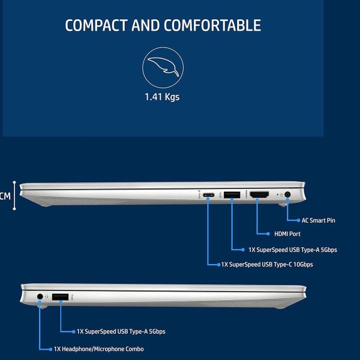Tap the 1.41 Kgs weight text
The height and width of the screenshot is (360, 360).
pos(162,97)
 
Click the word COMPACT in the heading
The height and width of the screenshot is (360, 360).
pos(96,25)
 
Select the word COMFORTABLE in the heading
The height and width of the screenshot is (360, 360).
pos(212,25)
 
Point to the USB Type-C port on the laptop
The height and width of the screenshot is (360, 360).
pos(208,195)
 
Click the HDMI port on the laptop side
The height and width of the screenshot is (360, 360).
pos(259,194)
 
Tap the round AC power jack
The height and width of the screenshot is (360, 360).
pos(287,194)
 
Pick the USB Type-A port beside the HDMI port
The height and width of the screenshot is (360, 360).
pos(232,194)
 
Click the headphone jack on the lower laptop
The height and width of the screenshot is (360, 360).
pos(40,296)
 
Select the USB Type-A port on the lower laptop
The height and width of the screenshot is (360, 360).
pos(60,297)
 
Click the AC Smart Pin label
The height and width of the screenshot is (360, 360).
pos(318,220)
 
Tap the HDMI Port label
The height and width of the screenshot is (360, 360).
pos(287,234)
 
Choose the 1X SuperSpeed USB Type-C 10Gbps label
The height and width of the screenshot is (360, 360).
pos(267,265)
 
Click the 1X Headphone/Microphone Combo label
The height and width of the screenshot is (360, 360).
pos(99,349)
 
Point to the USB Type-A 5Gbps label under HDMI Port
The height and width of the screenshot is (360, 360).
pos(293,250)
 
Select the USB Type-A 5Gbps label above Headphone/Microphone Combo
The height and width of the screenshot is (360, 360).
pos(121,332)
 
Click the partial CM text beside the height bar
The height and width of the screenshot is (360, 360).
pos(5,196)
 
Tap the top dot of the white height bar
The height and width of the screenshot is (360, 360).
pos(14,182)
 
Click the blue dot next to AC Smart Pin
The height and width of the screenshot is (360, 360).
pos(298,220)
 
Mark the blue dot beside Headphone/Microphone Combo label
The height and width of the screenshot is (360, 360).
pos(50,349)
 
